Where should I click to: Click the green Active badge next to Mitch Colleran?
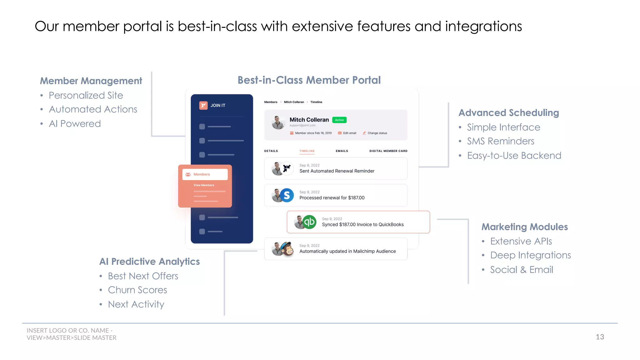(x=339, y=120)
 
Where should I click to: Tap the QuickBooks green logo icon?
(x=310, y=222)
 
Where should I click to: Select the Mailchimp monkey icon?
(x=287, y=249)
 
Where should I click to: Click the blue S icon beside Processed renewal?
(x=287, y=195)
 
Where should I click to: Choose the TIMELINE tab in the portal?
(x=307, y=151)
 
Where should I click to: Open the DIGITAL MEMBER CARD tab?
(x=388, y=151)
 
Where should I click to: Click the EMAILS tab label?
(x=342, y=151)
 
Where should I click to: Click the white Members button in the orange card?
(x=205, y=174)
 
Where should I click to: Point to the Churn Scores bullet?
(x=137, y=290)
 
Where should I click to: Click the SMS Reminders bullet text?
(x=500, y=141)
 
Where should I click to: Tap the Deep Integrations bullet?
(x=530, y=255)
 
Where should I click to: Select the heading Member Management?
(x=91, y=81)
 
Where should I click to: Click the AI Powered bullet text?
(x=75, y=124)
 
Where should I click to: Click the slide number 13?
(x=600, y=337)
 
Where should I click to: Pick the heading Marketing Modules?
(x=524, y=227)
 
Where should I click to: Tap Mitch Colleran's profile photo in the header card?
(x=278, y=122)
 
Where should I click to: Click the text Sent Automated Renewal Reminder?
(x=337, y=171)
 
